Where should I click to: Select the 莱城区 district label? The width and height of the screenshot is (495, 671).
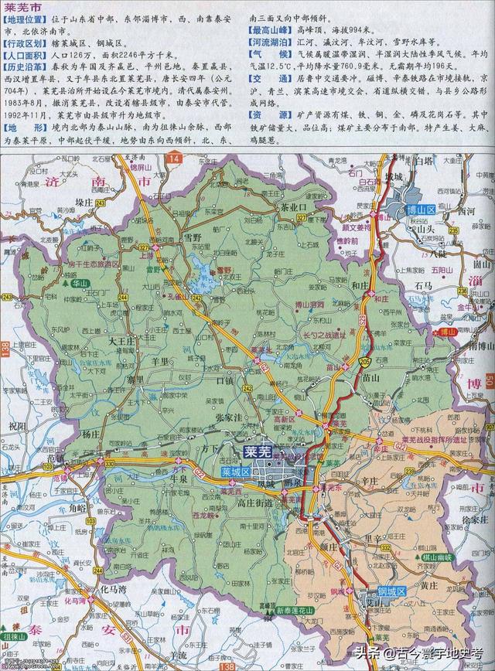(x=234, y=471)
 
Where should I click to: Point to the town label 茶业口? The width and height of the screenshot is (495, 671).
(x=293, y=208)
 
